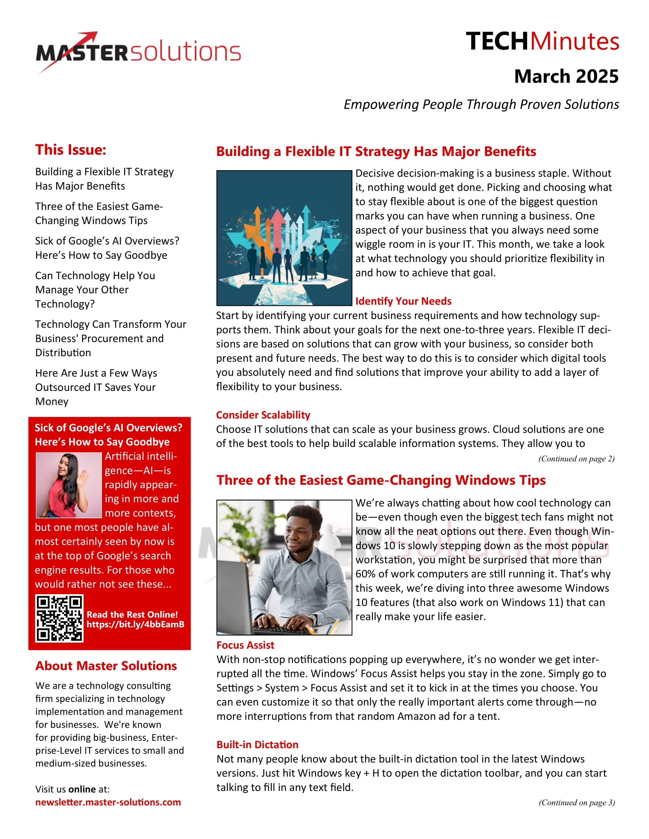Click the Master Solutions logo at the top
pos(139,52)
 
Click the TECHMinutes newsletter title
pos(542,42)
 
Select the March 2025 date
pos(566,76)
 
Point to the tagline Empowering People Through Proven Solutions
pos(481,104)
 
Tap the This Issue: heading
pos(71,150)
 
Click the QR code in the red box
pos(59,618)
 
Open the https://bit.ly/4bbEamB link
pos(136,624)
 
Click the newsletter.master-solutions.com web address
pos(108,802)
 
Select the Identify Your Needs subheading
pos(403,301)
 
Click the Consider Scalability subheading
pos(263,415)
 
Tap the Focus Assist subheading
pos(245,645)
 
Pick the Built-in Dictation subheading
pos(257,744)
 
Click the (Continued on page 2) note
pos(576,459)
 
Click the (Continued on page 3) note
pos(576,802)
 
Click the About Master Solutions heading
pos(106,666)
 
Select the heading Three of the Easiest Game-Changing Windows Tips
pos(381,480)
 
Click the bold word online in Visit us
pos(82,789)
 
